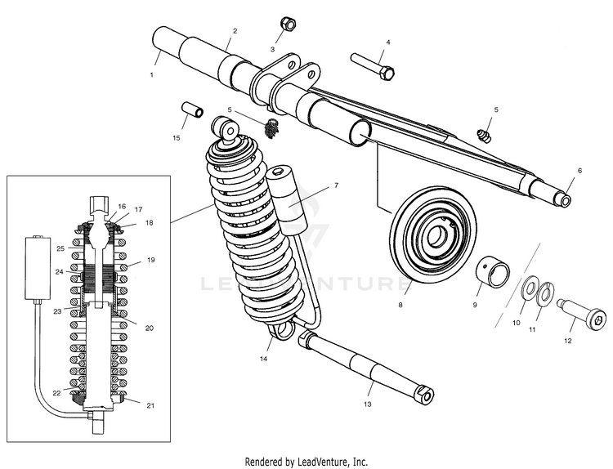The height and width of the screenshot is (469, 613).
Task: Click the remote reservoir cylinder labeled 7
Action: click(284, 199)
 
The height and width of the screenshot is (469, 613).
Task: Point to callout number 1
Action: click(151, 74)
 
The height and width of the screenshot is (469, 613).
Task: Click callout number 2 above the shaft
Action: click(235, 31)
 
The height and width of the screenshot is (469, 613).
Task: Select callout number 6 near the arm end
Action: click(579, 170)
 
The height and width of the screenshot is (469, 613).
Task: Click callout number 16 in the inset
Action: click(122, 207)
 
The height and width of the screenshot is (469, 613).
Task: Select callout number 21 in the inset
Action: click(150, 405)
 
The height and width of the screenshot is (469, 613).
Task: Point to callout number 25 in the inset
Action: click(60, 248)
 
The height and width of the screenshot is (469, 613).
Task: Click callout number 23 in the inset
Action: click(58, 311)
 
